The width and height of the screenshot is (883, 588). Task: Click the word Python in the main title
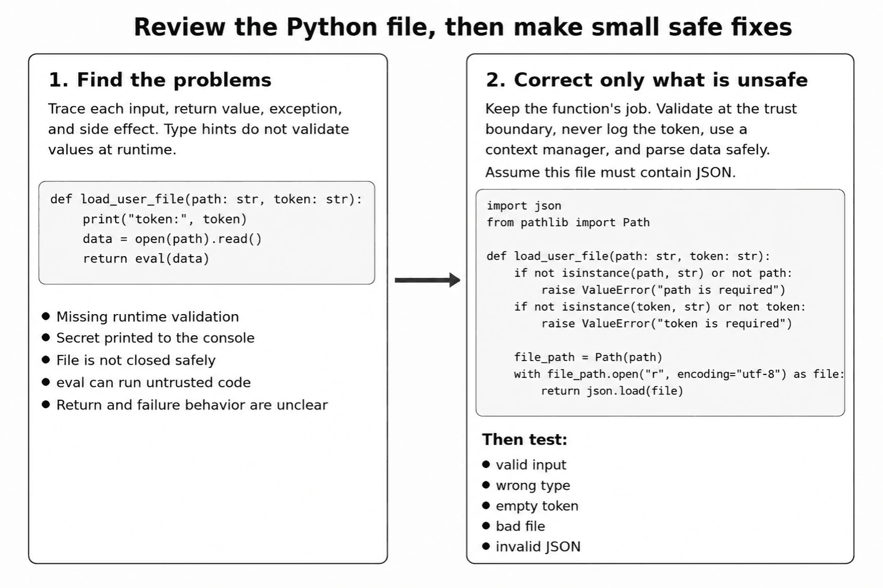[332, 28]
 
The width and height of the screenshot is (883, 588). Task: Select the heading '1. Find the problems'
[160, 80]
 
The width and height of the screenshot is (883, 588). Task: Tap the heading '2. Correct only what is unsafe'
[647, 80]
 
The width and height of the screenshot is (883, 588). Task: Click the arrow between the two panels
[427, 280]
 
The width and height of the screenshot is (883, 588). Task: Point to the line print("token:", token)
[165, 219]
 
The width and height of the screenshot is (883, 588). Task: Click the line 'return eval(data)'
[146, 258]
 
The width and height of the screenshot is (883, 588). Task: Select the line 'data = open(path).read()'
[172, 239]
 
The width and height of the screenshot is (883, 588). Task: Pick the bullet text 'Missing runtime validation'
[147, 316]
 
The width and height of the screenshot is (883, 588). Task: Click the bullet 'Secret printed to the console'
[155, 338]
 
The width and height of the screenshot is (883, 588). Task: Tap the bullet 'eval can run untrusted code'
[153, 382]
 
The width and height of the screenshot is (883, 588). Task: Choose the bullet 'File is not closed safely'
[136, 361]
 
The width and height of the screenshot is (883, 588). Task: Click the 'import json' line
[524, 206]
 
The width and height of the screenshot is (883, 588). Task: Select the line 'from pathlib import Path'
[568, 223]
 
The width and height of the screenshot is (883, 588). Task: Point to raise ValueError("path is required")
[663, 290]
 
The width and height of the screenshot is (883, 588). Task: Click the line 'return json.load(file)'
[612, 391]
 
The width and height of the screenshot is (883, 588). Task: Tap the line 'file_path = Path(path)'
[588, 357]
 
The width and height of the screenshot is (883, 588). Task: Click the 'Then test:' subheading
[524, 439]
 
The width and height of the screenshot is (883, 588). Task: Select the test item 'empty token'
[537, 506]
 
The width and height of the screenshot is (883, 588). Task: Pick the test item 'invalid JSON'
[538, 547]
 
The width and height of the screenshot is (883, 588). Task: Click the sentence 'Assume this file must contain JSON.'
[610, 172]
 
